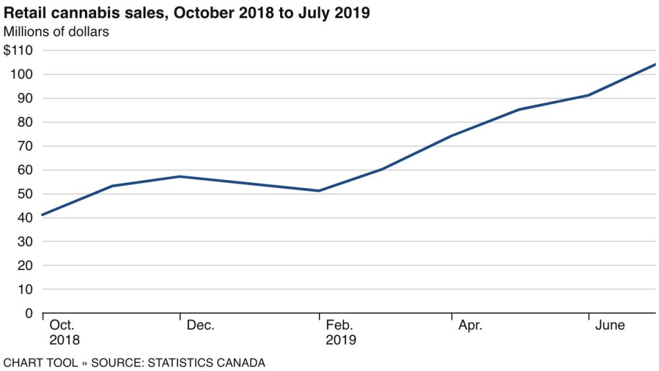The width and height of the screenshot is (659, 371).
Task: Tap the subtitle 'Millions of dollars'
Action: (56, 31)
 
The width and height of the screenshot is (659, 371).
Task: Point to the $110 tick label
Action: (18, 50)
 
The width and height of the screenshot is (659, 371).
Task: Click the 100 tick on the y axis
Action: (21, 74)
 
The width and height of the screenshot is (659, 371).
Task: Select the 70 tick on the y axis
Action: (25, 146)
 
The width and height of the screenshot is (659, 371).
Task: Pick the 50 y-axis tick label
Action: (25, 193)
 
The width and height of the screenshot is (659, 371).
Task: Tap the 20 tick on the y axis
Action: (25, 265)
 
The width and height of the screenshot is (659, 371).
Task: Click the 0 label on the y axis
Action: (29, 313)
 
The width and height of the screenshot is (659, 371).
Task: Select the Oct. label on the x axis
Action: (62, 325)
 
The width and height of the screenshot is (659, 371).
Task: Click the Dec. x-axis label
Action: (200, 325)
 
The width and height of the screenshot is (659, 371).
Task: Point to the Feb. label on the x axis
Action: (339, 325)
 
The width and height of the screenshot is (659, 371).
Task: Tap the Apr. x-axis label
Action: (470, 325)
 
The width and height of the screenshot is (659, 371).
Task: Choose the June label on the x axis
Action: (610, 325)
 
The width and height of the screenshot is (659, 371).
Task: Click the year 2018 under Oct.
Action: (64, 341)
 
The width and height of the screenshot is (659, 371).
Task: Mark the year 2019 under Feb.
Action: (341, 341)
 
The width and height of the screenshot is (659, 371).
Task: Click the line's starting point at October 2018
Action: (43, 215)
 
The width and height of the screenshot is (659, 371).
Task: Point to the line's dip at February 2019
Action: (319, 191)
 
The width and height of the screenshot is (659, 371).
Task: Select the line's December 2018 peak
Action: (181, 176)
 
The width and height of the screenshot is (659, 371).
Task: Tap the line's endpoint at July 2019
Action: (655, 64)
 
